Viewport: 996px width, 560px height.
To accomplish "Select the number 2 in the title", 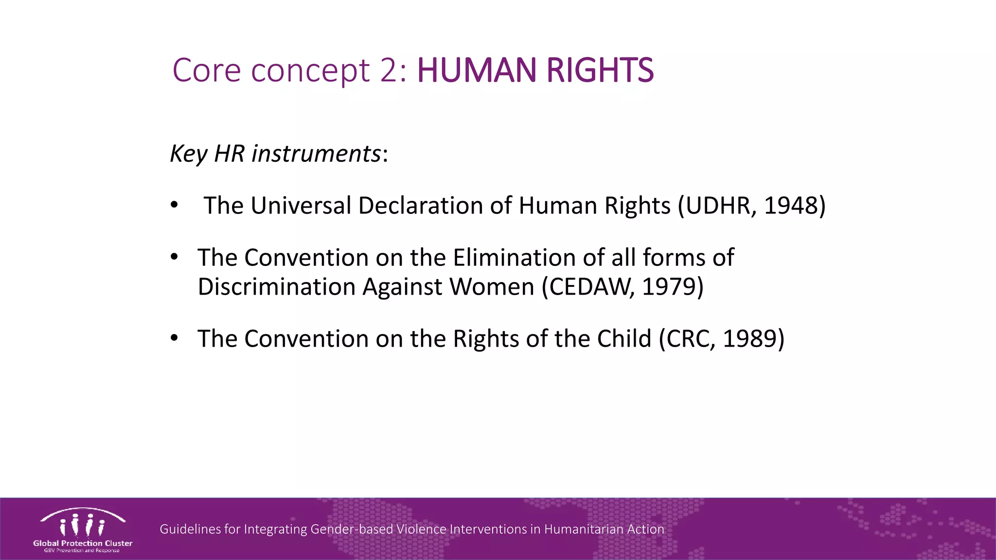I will (389, 70).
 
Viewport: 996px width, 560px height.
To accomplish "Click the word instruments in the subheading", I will (316, 154).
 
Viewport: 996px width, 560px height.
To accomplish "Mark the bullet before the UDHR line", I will (174, 205).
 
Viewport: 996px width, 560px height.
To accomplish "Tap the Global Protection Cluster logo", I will (83, 530).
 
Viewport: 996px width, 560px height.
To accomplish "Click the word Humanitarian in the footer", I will (584, 529).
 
